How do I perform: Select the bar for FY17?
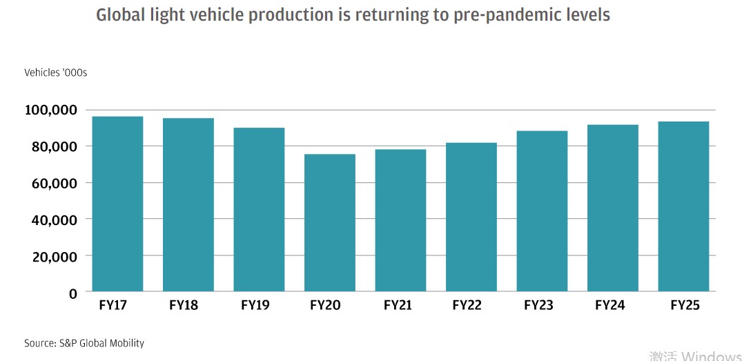(x=117, y=204)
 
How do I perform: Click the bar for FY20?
(x=330, y=222)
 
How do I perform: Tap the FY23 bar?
(x=542, y=211)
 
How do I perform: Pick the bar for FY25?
(x=683, y=206)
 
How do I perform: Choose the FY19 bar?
(x=259, y=209)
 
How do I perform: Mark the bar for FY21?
(x=400, y=220)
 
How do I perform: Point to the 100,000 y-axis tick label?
(x=50, y=110)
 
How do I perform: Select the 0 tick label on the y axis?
(x=72, y=293)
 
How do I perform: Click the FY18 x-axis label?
(x=184, y=305)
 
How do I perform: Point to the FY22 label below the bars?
(x=467, y=305)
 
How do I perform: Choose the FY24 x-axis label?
(x=609, y=305)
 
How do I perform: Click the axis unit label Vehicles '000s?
(x=56, y=72)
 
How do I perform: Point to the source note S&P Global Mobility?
(x=102, y=343)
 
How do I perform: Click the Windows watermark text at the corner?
(x=711, y=355)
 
